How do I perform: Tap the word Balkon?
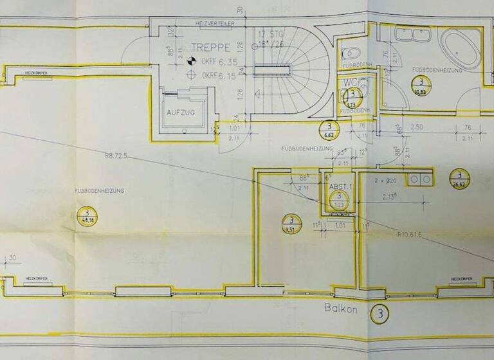click(x=338, y=309)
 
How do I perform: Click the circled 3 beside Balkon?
click(x=380, y=314)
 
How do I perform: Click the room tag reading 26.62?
click(x=458, y=178)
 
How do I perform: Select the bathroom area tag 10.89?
click(x=421, y=85)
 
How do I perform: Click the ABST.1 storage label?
click(x=339, y=186)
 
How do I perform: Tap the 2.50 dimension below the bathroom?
click(x=417, y=129)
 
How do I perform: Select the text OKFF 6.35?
click(x=215, y=62)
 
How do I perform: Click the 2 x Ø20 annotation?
click(x=386, y=181)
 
